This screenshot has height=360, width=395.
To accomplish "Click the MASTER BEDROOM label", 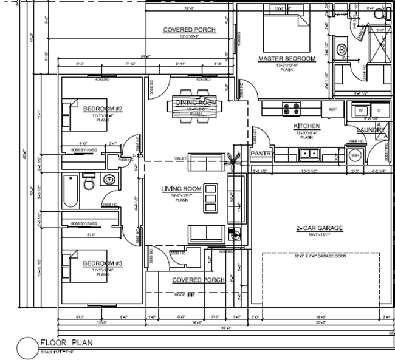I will click(287, 59).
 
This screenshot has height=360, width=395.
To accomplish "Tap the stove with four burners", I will click(292, 109).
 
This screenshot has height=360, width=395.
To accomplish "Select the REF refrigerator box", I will click(332, 110).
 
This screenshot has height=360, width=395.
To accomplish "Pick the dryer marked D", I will click(378, 111).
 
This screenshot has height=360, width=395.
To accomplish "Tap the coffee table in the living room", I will click(210, 197).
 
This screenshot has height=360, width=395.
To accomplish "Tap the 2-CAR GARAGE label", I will click(320, 228).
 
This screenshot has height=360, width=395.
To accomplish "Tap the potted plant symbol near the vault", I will click(232, 160).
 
